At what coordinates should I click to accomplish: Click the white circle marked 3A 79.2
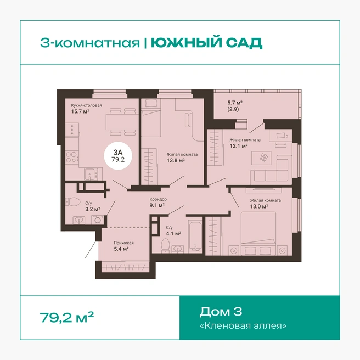[x=118, y=156]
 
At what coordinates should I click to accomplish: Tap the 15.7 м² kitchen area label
[x=80, y=111]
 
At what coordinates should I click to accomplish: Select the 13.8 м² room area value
[x=176, y=160]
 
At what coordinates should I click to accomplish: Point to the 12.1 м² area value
[x=239, y=145]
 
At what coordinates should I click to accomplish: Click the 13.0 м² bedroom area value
[x=259, y=206]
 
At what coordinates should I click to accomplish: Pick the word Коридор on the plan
[x=158, y=199]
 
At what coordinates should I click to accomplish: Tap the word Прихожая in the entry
[x=123, y=243]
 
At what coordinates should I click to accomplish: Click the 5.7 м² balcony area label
[x=235, y=103]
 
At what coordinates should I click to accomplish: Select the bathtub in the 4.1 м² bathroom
[x=195, y=236]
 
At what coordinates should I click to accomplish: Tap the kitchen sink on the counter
[x=91, y=175]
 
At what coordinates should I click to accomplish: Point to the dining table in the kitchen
[x=122, y=122]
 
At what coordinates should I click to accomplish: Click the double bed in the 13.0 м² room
[x=258, y=233]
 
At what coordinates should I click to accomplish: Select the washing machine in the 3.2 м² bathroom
[x=98, y=220]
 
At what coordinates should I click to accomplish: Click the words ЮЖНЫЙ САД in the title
[x=206, y=42]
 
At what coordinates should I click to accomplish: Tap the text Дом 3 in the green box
[x=221, y=312]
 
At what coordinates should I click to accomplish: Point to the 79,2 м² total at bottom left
[x=67, y=317]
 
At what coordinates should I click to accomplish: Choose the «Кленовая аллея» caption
[x=243, y=325]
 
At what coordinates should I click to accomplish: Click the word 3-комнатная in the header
[x=90, y=43]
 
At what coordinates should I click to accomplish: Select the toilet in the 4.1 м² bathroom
[x=165, y=246]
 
